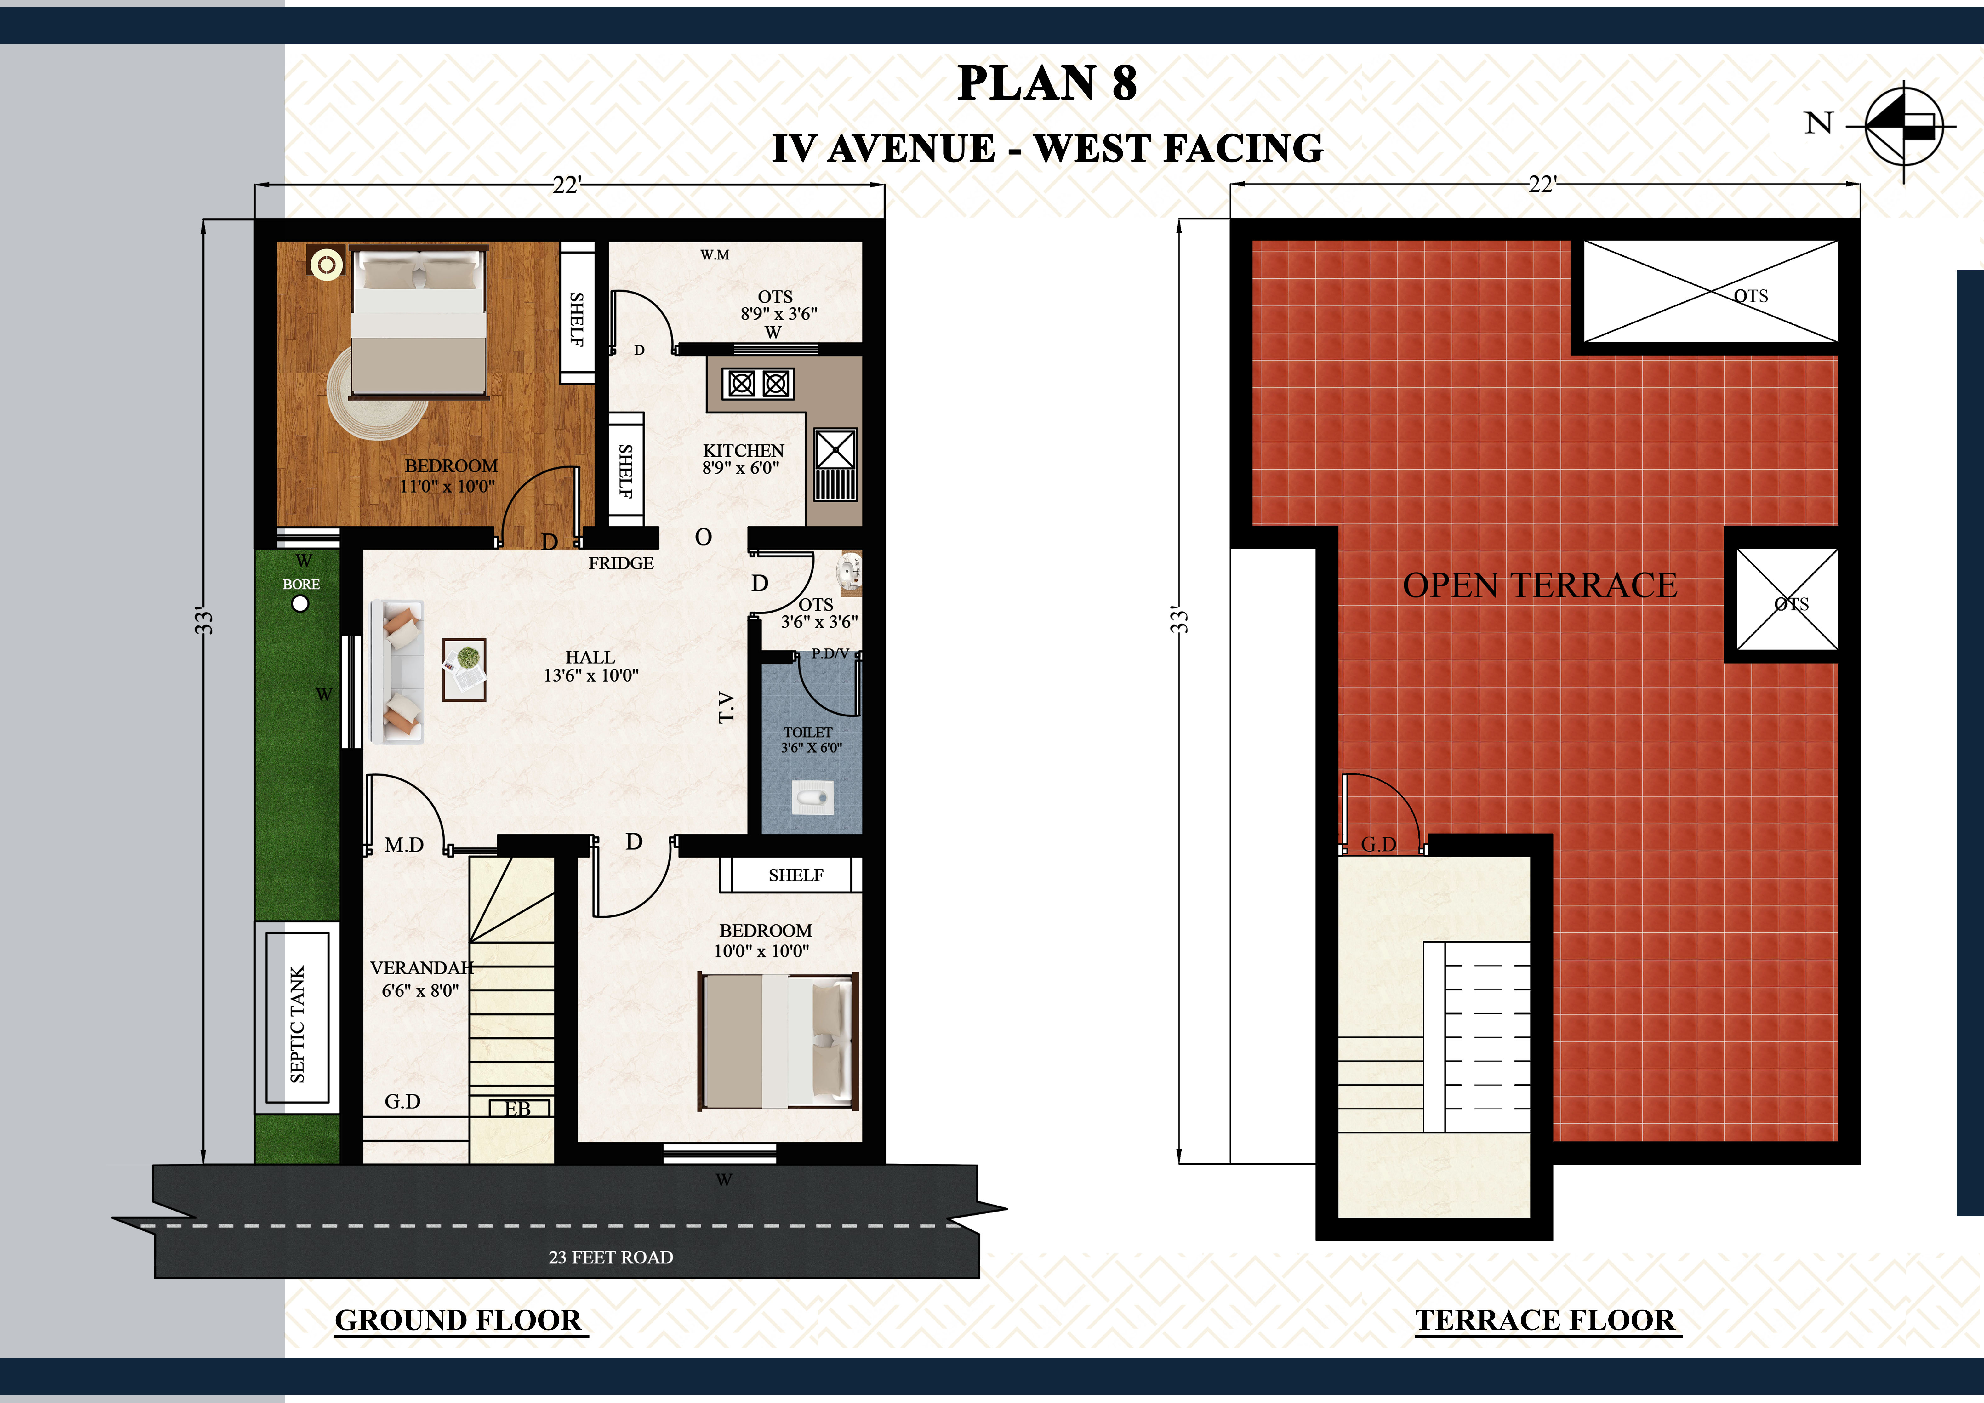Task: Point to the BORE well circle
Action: pyautogui.click(x=300, y=604)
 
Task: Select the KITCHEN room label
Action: pyautogui.click(x=743, y=451)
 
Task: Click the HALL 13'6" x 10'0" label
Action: pyautogui.click(x=591, y=666)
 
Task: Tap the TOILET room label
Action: pyautogui.click(x=808, y=732)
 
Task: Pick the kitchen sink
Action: pyautogui.click(x=835, y=464)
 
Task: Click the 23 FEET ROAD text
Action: pyautogui.click(x=611, y=1257)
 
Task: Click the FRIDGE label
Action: pyautogui.click(x=621, y=563)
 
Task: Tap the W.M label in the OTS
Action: pyautogui.click(x=715, y=255)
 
